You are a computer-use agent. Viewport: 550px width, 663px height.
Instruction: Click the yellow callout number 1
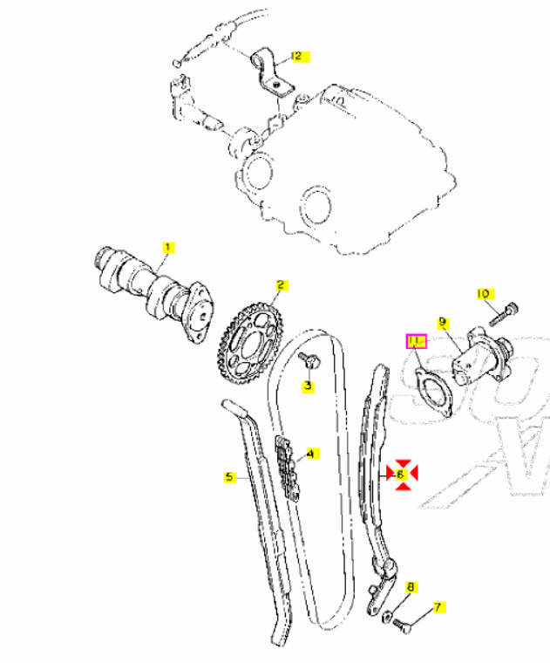[x=168, y=248]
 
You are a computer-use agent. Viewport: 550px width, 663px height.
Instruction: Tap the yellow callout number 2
[x=282, y=285]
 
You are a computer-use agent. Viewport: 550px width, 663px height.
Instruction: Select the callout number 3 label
[x=308, y=386]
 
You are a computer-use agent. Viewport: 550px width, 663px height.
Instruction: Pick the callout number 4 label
[x=311, y=455]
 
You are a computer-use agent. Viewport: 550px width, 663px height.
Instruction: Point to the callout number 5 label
[x=229, y=478]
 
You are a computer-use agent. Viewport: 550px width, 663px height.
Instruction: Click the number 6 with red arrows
[x=401, y=475]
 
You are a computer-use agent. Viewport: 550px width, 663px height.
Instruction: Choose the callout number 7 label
[x=438, y=607]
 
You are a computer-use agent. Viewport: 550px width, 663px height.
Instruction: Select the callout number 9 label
[x=442, y=323]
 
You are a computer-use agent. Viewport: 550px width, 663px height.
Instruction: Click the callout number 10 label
[x=484, y=294]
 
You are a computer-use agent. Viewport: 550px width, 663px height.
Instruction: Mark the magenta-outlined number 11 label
[x=416, y=341]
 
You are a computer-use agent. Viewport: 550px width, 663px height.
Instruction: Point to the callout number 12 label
[x=299, y=57]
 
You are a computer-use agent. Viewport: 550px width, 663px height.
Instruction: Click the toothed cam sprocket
[x=250, y=343]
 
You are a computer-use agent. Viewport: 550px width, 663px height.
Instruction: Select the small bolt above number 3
[x=309, y=360]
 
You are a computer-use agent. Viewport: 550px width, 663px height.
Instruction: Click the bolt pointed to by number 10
[x=504, y=315]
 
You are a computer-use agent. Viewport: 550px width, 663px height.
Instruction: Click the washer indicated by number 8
[x=387, y=617]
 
